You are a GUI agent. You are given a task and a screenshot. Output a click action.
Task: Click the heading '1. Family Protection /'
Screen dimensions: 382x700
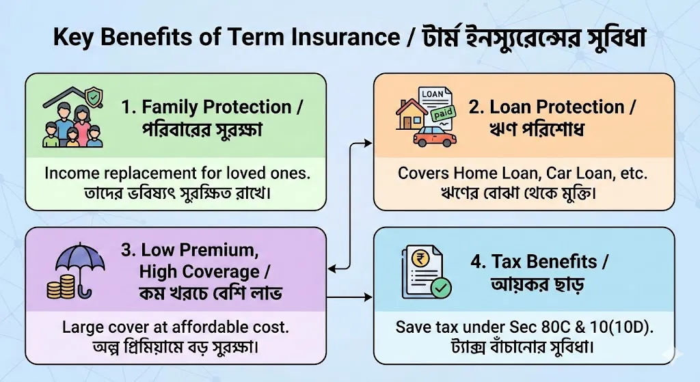coord(213,107)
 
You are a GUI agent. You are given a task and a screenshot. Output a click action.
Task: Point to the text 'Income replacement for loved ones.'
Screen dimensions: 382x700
coord(177,174)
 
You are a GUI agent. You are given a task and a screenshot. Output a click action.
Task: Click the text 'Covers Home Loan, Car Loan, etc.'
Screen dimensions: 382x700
coord(524,174)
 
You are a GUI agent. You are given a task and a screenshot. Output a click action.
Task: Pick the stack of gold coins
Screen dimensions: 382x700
coord(59,287)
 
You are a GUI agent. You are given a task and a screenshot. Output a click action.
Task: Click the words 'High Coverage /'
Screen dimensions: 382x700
coord(199,272)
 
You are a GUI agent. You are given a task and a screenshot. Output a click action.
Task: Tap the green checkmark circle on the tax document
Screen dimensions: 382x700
coord(441,289)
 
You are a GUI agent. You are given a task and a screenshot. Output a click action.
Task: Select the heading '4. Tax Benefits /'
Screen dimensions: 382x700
coord(540,261)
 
